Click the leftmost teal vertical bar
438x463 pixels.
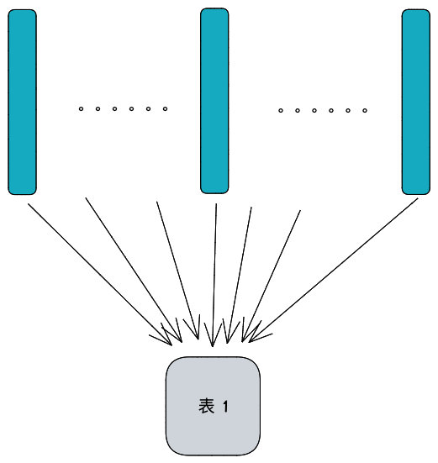(22, 102)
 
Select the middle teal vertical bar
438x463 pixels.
(214, 101)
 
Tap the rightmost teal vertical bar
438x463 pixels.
(416, 102)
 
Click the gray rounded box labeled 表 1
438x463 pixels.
(213, 406)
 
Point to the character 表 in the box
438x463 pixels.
(206, 406)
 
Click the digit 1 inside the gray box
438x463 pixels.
(225, 407)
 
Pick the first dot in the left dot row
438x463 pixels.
(81, 109)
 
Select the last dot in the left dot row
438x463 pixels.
(165, 109)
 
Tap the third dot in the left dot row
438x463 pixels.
(114, 109)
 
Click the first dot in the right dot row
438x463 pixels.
(281, 111)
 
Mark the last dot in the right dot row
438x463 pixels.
(365, 111)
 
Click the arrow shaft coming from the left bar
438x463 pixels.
(100, 274)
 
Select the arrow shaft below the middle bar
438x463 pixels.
(214, 275)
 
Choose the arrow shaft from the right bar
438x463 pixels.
(333, 271)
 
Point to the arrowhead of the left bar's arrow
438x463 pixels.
(164, 337)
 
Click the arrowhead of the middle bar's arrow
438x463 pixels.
(213, 337)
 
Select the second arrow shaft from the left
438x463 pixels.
(134, 271)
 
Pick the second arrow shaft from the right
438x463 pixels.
(272, 276)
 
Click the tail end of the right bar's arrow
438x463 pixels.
(418, 198)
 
